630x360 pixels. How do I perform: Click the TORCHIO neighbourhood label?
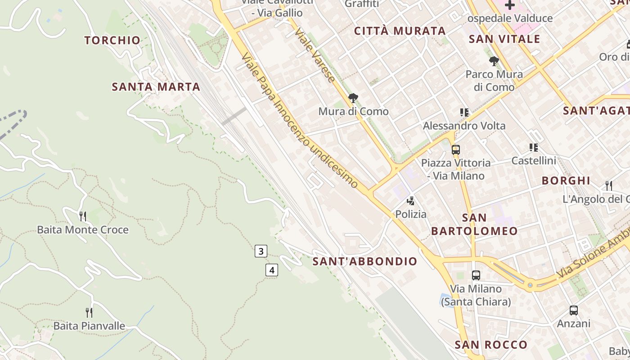click(x=112, y=40)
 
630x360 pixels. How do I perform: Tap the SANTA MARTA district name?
click(x=156, y=87)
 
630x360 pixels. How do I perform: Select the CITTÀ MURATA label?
click(x=400, y=31)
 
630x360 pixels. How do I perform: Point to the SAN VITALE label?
click(x=504, y=39)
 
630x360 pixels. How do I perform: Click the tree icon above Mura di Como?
click(x=353, y=98)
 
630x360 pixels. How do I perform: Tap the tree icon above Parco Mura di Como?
click(x=494, y=61)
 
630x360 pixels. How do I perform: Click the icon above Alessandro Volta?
click(x=464, y=112)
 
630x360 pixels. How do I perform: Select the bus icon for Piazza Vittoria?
click(x=456, y=150)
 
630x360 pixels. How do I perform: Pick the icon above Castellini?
click(x=534, y=147)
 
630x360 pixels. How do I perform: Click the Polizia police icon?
click(x=410, y=201)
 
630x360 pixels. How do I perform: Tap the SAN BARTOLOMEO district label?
click(x=474, y=225)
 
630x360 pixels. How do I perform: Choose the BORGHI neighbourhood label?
click(x=566, y=181)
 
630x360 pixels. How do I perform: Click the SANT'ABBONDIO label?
click(x=365, y=261)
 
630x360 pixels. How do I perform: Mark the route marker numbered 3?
click(x=261, y=251)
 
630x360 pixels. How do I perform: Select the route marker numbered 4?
click(x=271, y=270)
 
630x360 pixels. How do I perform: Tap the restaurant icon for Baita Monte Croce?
click(x=83, y=216)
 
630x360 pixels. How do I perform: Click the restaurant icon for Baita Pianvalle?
click(x=89, y=312)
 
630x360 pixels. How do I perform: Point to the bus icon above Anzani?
click(x=573, y=310)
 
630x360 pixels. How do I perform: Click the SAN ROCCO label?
click(x=490, y=345)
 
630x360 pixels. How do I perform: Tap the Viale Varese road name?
click(x=315, y=56)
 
